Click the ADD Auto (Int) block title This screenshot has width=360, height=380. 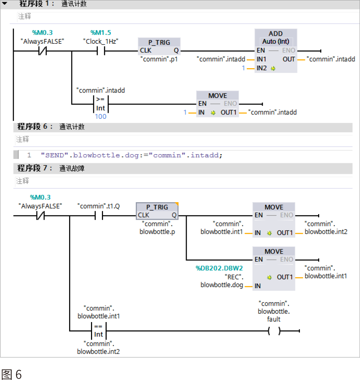[276, 38]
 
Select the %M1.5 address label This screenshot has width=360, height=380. [101, 32]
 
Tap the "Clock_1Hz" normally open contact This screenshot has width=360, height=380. [101, 51]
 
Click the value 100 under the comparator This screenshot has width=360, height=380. [101, 117]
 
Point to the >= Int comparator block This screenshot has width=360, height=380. [101, 104]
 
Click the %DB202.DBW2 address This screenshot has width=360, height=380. [219, 268]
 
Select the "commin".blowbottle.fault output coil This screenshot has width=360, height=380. [274, 331]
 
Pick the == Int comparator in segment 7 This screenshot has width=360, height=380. [99, 331]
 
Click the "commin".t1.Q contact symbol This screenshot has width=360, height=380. [99, 215]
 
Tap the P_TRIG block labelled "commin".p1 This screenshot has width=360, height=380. [159, 47]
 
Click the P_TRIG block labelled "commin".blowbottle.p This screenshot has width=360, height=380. [157, 211]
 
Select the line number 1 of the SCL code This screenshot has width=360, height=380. [29, 155]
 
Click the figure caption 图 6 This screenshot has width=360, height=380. [12, 375]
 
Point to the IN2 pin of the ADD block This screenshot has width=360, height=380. [262, 68]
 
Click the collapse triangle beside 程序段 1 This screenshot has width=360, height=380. [5, 3]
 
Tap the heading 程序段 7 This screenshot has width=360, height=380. [34, 168]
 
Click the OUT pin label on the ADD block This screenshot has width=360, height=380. [289, 59]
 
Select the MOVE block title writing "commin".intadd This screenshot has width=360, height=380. [218, 96]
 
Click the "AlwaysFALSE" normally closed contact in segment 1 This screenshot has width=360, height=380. [43, 51]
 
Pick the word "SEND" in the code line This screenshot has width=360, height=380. [55, 155]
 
